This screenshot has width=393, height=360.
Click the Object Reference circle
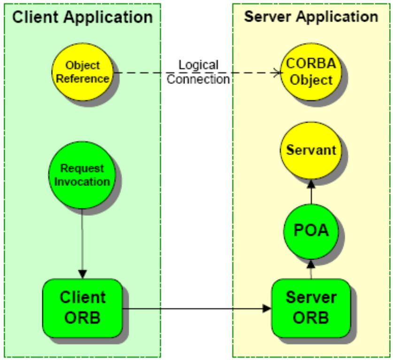pos(83,72)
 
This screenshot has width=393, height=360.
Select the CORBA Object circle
pos(311,72)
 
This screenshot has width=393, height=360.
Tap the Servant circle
pos(311,150)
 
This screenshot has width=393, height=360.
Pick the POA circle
pos(311,231)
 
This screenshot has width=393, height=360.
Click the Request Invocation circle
pos(82,175)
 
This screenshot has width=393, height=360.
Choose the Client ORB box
pos(83,308)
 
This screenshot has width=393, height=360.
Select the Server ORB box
pos(311,308)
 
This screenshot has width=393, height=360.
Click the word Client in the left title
pos(35,17)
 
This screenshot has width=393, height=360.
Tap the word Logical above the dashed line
pos(198,65)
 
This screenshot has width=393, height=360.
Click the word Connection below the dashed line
pos(198,79)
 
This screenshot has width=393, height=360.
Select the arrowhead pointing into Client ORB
pos(82,274)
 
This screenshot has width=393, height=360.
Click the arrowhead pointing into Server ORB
pos(267,308)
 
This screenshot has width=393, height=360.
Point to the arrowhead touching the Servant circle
pos(311,184)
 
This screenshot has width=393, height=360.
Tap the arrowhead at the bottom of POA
pos(311,264)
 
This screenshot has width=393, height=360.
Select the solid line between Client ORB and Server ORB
pos(197,308)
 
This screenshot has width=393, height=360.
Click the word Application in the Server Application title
pos(337,17)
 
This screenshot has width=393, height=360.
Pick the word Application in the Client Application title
pos(108,17)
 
